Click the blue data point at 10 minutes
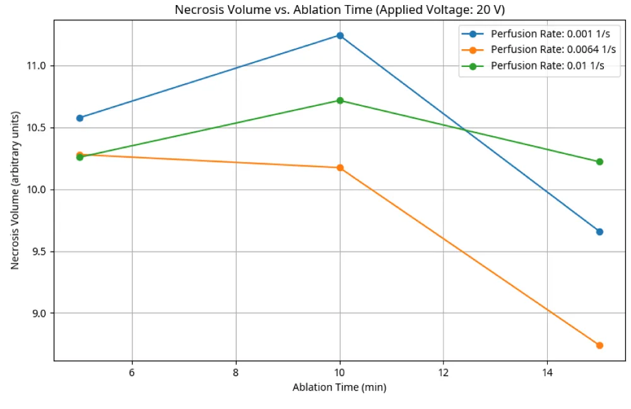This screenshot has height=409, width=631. click(340, 36)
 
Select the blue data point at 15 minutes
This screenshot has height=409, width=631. click(599, 232)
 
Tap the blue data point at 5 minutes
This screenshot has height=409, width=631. click(80, 118)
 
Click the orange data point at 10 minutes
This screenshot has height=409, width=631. click(340, 168)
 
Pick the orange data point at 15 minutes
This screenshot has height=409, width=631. click(599, 345)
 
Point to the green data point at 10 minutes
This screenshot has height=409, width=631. click(340, 100)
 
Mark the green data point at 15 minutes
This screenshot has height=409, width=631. click(599, 162)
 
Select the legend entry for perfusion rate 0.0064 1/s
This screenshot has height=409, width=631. click(539, 50)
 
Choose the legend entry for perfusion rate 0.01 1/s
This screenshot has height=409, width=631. click(533, 66)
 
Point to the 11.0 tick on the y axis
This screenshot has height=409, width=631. click(37, 66)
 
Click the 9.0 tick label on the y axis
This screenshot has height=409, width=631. click(38, 313)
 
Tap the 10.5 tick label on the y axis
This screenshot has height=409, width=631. click(37, 128)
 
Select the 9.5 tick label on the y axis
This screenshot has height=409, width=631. click(38, 251)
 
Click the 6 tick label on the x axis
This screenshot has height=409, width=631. click(132, 372)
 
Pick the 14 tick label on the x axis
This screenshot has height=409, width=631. click(547, 372)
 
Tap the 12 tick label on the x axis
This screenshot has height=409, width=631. click(444, 372)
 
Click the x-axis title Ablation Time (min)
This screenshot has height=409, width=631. click(339, 388)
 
